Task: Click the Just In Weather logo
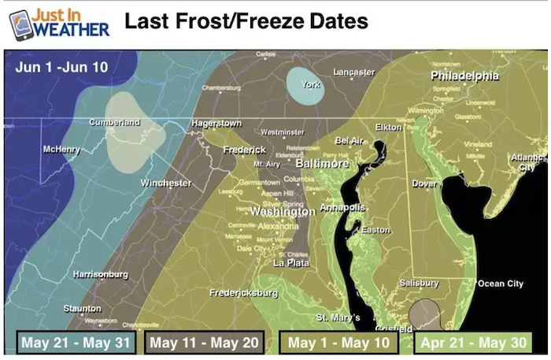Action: (x=59, y=23)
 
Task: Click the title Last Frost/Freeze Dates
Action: (x=246, y=21)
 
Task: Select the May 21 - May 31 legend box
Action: (x=76, y=343)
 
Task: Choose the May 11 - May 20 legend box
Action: (x=203, y=343)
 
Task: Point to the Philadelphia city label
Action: (x=464, y=76)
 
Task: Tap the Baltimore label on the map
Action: (x=321, y=164)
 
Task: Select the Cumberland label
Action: (x=114, y=122)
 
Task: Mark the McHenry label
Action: (x=61, y=149)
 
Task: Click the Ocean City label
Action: (x=501, y=283)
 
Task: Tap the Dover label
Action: (x=424, y=183)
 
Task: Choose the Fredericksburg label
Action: (x=243, y=292)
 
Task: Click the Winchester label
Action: (x=165, y=183)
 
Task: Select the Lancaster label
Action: (x=353, y=72)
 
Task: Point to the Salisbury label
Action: (x=418, y=282)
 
